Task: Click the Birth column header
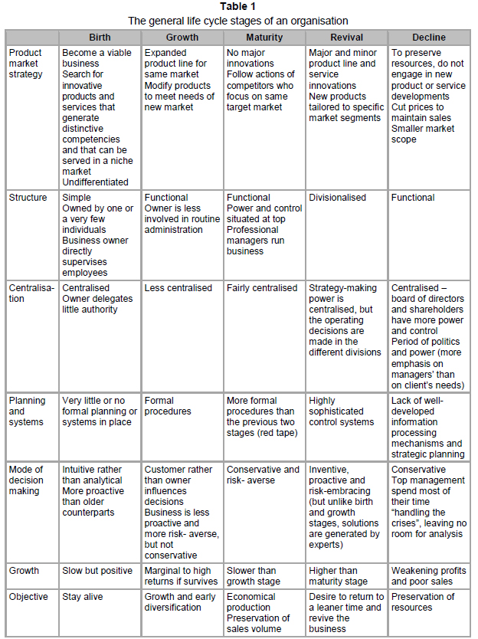[x=100, y=37]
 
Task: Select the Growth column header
[x=182, y=37]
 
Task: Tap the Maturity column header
[x=264, y=37]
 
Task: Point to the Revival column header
[x=346, y=37]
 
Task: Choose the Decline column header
[x=428, y=37]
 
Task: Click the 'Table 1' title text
[x=238, y=6]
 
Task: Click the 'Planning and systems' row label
[x=28, y=411]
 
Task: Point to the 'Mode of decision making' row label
[x=28, y=480]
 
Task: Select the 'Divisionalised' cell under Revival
[x=338, y=198]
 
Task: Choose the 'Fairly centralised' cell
[x=262, y=288]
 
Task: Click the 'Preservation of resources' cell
[x=423, y=602]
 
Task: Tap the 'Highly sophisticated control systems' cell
[x=342, y=411]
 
